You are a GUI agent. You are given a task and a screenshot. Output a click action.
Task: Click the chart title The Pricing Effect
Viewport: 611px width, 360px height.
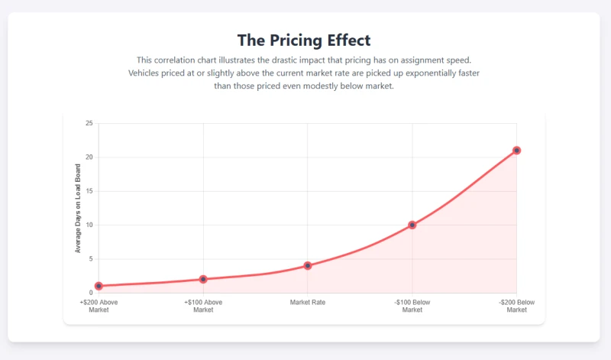pos(304,41)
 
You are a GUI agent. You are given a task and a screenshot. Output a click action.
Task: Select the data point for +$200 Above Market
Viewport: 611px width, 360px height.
pos(99,286)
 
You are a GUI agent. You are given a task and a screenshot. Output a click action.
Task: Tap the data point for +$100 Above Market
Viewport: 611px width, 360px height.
pos(203,279)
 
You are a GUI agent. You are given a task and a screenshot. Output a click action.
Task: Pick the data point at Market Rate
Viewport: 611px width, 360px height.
pos(308,265)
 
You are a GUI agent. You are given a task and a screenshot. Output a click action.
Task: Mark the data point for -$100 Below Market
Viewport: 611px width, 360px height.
pos(412,225)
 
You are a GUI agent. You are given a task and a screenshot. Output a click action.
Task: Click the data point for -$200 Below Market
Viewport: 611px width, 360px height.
pos(517,151)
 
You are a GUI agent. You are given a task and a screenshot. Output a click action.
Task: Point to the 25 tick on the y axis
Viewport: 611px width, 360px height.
pos(89,124)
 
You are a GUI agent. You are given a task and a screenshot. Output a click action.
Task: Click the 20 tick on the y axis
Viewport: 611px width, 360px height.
pos(89,157)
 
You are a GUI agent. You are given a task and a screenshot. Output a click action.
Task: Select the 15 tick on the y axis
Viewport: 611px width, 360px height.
pos(89,191)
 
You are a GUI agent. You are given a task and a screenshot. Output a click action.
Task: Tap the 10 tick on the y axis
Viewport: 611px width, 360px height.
pos(89,225)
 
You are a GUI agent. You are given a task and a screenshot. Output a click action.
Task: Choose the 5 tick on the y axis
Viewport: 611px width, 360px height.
pos(91,259)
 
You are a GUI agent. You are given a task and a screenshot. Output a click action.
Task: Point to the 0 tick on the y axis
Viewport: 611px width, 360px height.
pos(91,293)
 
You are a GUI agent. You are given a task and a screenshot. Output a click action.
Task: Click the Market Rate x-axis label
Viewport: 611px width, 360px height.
pos(308,303)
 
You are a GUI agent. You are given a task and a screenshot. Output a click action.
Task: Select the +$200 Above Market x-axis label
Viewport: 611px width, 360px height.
pos(99,306)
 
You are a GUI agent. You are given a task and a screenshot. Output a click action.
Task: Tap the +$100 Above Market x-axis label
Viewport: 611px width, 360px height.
pos(203,306)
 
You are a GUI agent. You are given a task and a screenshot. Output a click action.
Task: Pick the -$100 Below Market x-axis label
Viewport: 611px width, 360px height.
pos(412,306)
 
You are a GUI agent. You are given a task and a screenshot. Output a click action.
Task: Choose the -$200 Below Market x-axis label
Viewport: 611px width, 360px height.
pos(517,306)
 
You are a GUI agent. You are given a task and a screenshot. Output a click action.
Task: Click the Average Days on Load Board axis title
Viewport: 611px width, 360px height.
pos(78,208)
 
